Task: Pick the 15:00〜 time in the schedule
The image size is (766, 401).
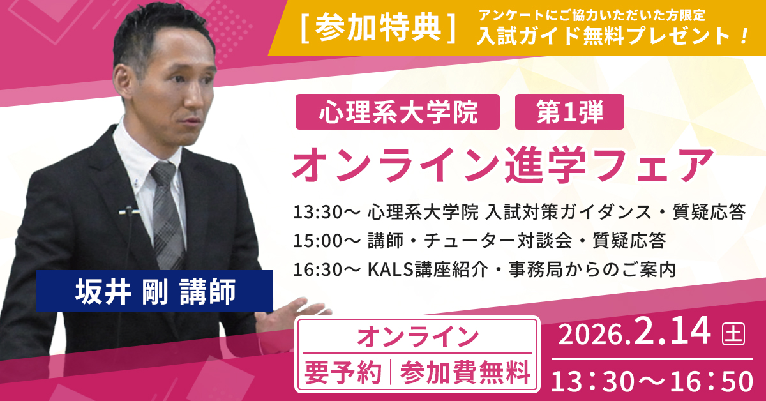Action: pos(326,241)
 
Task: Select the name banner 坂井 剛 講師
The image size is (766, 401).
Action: pos(154,291)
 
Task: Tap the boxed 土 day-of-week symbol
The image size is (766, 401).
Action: pos(732,333)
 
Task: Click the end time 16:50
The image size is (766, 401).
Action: pos(718,382)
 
